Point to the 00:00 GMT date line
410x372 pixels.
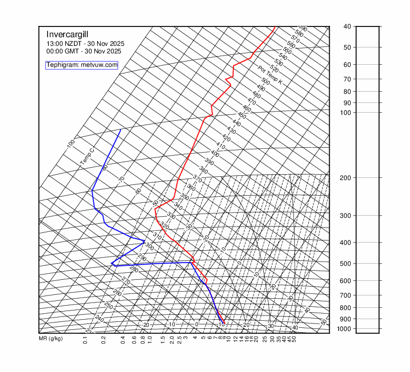84,51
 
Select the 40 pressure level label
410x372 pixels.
346,26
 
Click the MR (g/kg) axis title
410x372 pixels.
51,339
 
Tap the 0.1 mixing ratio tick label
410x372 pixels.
85,341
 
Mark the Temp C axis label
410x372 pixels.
87,157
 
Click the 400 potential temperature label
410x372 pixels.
215,154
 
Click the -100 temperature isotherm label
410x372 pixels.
70,144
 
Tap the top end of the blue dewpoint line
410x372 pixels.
120,130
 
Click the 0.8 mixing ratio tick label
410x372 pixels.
142,341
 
